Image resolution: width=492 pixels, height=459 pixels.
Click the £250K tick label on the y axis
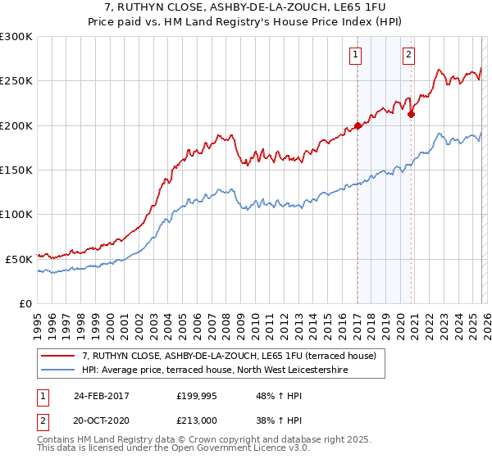(16, 81)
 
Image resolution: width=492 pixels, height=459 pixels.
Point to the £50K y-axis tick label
(19, 259)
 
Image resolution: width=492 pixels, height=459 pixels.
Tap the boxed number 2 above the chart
(408, 55)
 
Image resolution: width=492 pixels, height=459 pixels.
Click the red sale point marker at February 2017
(358, 125)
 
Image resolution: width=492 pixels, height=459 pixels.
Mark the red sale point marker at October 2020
(411, 114)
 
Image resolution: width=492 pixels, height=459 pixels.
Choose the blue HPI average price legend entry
(215, 370)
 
